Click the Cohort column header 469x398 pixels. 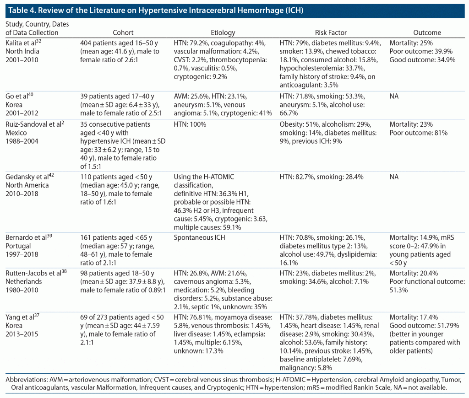pos(123,32)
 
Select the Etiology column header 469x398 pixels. pos(223,32)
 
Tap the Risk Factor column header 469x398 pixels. pos(331,32)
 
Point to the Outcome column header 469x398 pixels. pos(427,32)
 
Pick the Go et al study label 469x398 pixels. pos(16,96)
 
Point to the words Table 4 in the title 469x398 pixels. pos(20,10)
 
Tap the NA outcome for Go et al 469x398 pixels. pos(394,96)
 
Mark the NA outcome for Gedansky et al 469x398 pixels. pos(394,177)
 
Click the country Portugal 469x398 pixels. pos(17,246)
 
